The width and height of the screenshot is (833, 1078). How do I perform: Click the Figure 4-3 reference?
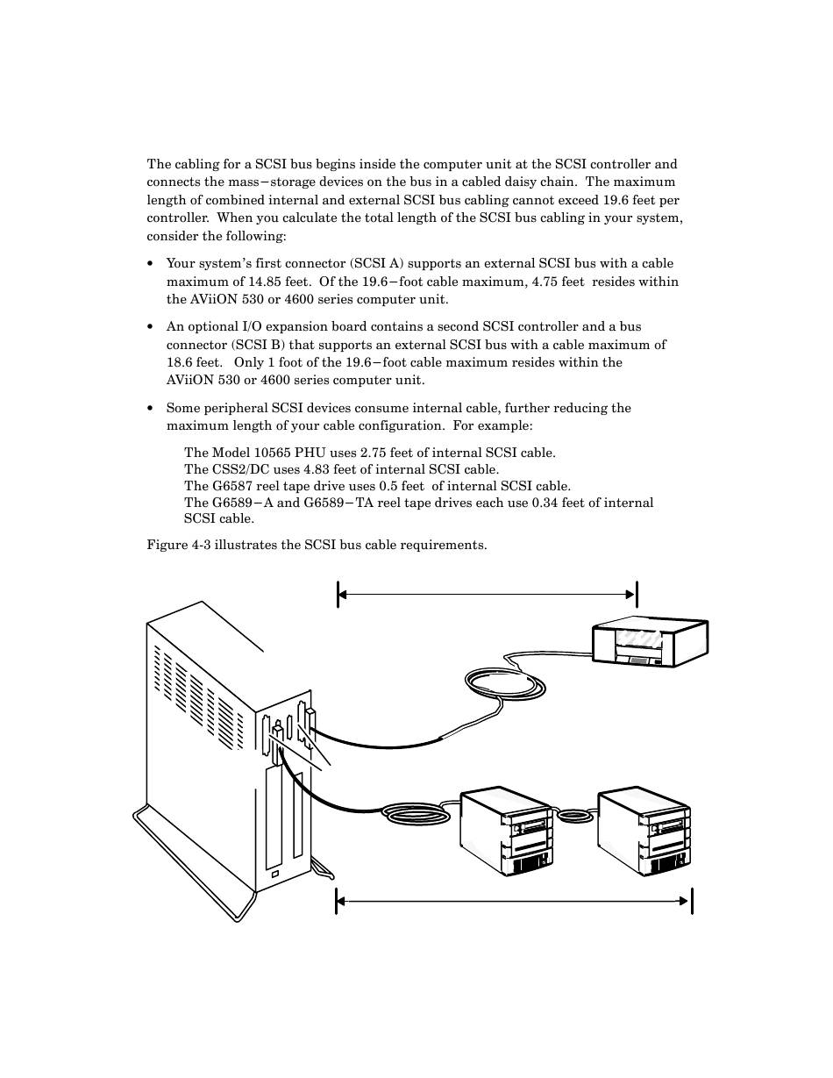179,545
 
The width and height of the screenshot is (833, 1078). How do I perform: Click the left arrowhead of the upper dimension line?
343,595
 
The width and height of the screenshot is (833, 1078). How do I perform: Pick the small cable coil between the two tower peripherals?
575,815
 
